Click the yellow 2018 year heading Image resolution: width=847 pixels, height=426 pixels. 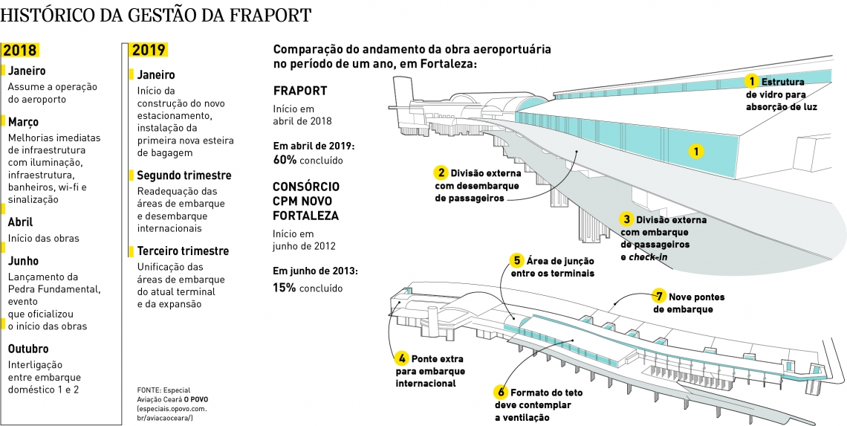[20, 51]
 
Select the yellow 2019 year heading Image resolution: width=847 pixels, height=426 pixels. [149, 51]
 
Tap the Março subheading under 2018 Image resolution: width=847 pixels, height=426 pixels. [23, 121]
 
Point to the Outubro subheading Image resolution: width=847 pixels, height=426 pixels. [28, 349]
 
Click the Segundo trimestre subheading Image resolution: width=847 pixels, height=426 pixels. [184, 175]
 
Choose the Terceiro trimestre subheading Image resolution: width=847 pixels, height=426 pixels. [183, 251]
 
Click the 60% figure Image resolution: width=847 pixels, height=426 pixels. [285, 160]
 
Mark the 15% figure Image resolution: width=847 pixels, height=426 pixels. [284, 287]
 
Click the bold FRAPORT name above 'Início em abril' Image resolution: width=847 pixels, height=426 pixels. [300, 91]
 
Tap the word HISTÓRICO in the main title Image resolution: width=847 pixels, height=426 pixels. [46, 15]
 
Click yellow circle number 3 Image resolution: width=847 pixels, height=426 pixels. [627, 220]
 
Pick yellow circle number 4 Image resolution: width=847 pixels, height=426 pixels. [401, 358]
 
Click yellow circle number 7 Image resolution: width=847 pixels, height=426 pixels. [658, 295]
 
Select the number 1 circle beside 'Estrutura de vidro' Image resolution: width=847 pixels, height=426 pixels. [752, 81]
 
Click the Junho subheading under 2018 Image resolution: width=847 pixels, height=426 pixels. [23, 261]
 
